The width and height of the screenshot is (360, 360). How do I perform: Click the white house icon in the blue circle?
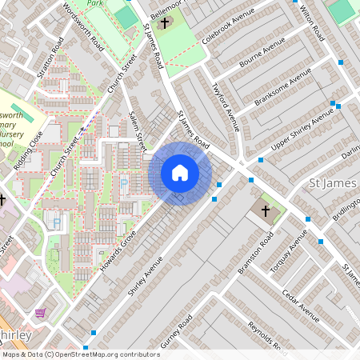(x=180, y=173)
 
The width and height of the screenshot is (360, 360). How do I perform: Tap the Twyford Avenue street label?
(x=226, y=106)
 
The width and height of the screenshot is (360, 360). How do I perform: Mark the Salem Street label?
(x=137, y=130)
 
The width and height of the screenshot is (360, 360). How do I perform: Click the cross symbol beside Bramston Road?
(x=266, y=210)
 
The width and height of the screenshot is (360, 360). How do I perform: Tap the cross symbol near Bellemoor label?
(x=166, y=23)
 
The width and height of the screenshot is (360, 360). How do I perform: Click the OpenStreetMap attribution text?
(x=80, y=354)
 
